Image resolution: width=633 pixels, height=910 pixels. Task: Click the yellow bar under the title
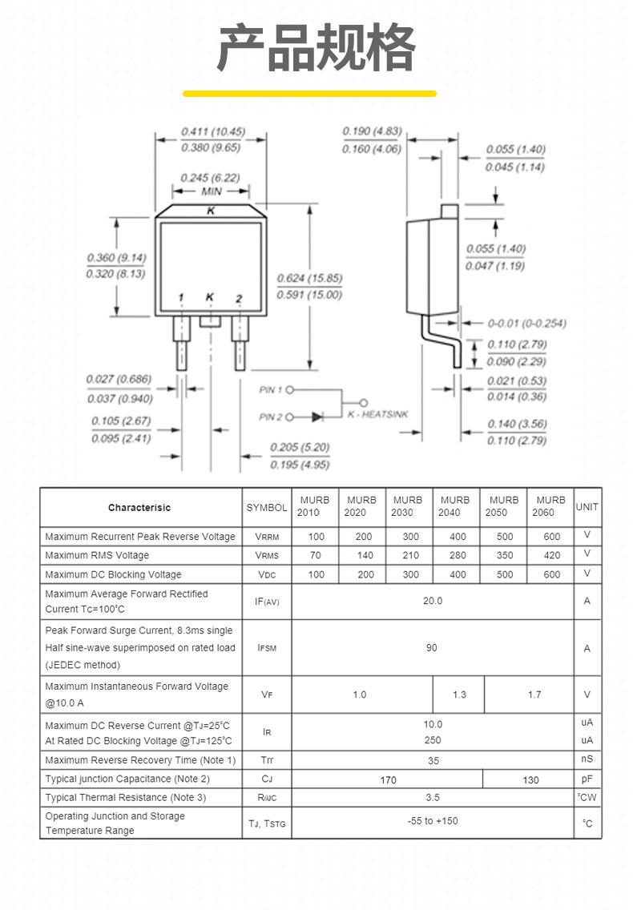click(x=309, y=94)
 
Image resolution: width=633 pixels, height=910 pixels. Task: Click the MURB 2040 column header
click(x=454, y=506)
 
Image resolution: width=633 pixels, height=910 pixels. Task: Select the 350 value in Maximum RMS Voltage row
click(x=505, y=555)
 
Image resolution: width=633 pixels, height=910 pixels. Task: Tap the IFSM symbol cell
click(x=267, y=648)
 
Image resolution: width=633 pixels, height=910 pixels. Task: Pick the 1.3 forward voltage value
click(x=459, y=695)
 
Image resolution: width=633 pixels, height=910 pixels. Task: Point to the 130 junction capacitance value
click(x=530, y=780)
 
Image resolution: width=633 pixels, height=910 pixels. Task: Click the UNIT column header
click(x=587, y=506)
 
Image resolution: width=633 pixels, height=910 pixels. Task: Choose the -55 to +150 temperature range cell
click(x=433, y=821)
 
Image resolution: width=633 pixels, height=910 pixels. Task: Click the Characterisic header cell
click(x=139, y=508)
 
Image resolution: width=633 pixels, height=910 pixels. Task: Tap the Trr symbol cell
click(x=267, y=760)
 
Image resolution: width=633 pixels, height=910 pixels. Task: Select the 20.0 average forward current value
click(x=433, y=602)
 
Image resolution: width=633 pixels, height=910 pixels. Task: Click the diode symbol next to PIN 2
click(x=317, y=417)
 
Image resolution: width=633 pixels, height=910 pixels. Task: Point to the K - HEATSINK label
click(x=378, y=414)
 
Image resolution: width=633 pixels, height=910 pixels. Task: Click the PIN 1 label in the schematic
click(x=271, y=390)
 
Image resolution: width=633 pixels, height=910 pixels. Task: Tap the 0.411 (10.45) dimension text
click(x=213, y=131)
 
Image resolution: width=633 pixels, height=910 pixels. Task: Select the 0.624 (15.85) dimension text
click(x=309, y=278)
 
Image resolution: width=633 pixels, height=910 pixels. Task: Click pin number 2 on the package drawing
click(x=239, y=299)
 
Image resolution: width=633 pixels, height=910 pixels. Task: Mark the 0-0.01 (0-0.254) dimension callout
click(x=526, y=324)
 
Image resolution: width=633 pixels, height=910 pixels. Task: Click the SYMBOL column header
click(x=267, y=508)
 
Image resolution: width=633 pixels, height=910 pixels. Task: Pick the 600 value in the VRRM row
click(x=552, y=537)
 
